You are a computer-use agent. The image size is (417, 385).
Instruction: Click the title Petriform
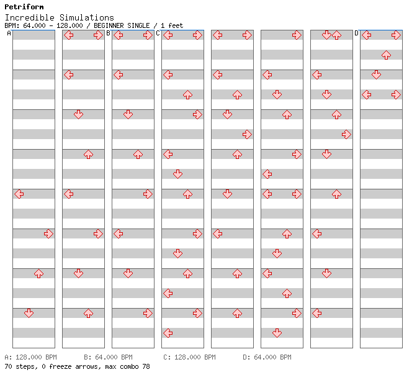24,7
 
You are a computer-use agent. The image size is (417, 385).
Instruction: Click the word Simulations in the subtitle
87,17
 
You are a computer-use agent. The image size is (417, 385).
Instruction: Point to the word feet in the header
176,25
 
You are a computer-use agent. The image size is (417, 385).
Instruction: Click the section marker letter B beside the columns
108,34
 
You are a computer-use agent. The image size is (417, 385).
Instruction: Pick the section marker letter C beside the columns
158,34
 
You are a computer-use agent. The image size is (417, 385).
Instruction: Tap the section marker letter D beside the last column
357,34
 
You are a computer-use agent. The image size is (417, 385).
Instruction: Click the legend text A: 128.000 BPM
31,357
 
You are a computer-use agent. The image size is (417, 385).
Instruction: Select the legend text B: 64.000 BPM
108,357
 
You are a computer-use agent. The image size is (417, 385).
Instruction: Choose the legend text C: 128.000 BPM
189,357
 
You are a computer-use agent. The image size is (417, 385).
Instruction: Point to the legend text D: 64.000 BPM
267,357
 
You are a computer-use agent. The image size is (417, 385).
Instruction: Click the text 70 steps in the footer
21,366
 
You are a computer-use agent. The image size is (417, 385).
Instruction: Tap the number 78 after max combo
146,366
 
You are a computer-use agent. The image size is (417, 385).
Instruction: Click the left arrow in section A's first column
19,194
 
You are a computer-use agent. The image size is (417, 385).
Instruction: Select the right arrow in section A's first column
48,234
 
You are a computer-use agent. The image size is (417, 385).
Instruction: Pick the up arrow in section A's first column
39,273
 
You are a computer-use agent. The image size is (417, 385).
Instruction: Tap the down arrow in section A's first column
29,313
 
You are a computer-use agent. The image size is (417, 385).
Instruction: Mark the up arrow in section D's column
386,55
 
